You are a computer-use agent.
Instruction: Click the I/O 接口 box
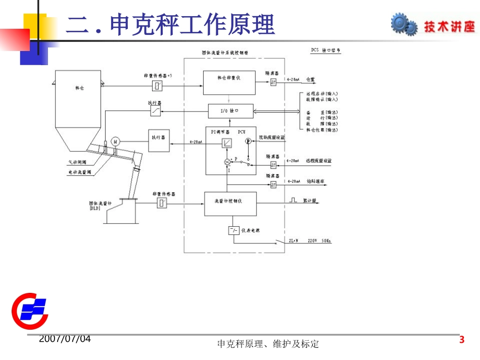pyautogui.click(x=230, y=110)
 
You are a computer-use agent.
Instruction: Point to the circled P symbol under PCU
pyautogui.click(x=248, y=142)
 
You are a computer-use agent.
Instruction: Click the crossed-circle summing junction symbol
pyautogui.click(x=227, y=162)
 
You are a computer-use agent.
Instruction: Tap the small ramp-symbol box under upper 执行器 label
pyautogui.click(x=155, y=111)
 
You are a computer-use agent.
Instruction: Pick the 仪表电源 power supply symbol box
pyautogui.click(x=234, y=231)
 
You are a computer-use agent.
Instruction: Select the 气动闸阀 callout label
pyautogui.click(x=77, y=163)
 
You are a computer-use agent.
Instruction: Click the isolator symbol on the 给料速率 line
pyautogui.click(x=273, y=185)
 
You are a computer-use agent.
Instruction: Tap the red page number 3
pyautogui.click(x=461, y=340)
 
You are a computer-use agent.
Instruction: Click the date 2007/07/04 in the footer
pyautogui.click(x=65, y=339)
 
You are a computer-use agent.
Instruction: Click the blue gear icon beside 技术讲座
pyautogui.click(x=404, y=25)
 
